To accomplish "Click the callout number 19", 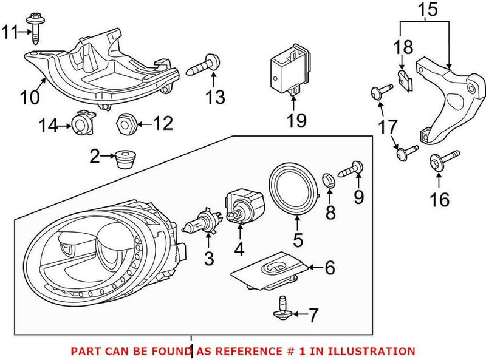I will (x=296, y=121).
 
